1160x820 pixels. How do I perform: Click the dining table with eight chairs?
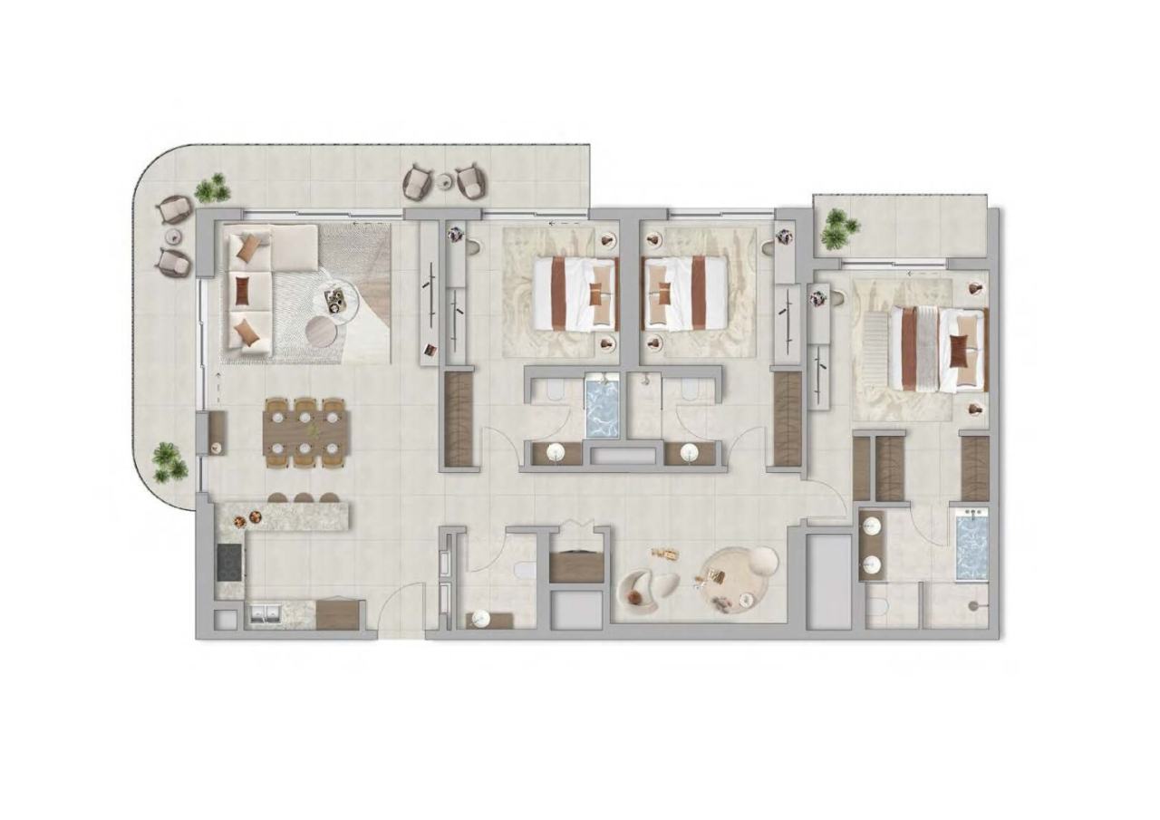tap(305, 432)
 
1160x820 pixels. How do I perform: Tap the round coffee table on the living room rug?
tap(322, 332)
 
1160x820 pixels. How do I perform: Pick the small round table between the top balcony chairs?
tap(444, 181)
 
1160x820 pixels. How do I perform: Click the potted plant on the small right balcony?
tap(838, 229)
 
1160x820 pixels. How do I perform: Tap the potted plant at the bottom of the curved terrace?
tap(169, 462)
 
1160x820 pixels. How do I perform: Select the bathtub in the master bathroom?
tap(971, 545)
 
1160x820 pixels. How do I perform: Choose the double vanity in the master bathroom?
tap(872, 545)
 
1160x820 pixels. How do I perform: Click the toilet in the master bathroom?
tap(877, 609)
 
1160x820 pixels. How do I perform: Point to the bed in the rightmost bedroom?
tap(938, 350)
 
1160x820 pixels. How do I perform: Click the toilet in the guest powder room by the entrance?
tap(524, 570)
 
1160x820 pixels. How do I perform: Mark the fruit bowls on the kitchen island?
tap(246, 518)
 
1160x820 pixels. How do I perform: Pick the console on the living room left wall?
tap(215, 433)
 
